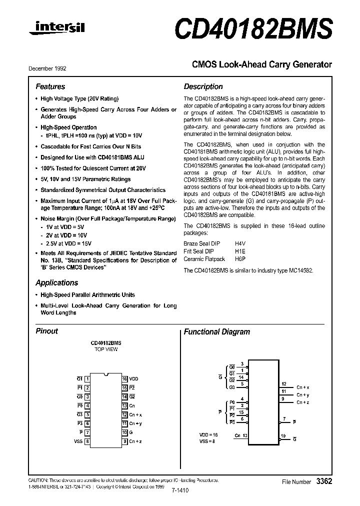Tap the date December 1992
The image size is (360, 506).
47,68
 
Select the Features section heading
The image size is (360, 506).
50,86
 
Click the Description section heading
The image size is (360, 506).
203,86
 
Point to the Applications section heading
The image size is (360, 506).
57,282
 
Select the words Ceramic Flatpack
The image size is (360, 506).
204,259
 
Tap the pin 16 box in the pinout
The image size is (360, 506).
124,379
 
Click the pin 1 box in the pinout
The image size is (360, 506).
87,379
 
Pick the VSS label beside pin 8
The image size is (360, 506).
78,441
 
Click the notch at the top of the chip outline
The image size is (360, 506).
106,374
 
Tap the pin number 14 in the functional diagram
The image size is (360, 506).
241,378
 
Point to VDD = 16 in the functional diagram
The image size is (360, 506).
209,435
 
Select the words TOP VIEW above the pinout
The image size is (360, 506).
105,349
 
